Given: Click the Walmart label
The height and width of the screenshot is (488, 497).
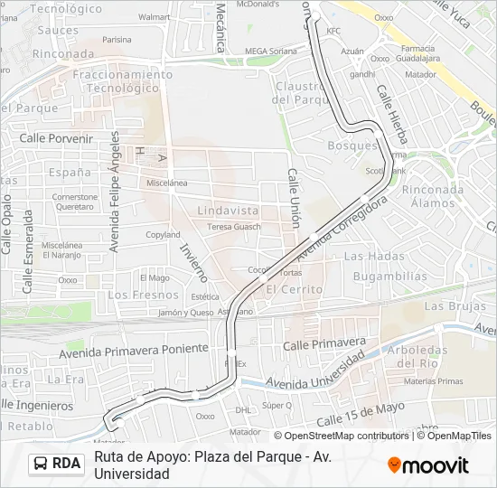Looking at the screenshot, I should tap(155, 16).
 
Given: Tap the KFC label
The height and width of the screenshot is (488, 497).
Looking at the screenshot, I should tap(333, 31).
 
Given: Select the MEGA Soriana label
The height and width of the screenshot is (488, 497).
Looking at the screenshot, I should tap(270, 51).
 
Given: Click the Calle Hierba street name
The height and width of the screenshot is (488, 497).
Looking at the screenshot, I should tap(392, 115).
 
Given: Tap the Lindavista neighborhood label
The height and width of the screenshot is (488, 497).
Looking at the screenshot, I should tap(228, 211).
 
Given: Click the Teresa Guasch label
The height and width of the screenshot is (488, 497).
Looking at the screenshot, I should tap(233, 227).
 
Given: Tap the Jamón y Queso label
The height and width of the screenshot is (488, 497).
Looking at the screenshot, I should tap(186, 313).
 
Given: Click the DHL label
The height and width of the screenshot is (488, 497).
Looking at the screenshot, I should tap(243, 409).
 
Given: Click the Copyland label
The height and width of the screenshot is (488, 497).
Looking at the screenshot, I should tap(164, 235).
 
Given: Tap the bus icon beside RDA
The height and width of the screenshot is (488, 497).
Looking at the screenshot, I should tap(42, 464).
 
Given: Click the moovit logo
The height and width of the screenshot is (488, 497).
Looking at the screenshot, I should tap(428, 465).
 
